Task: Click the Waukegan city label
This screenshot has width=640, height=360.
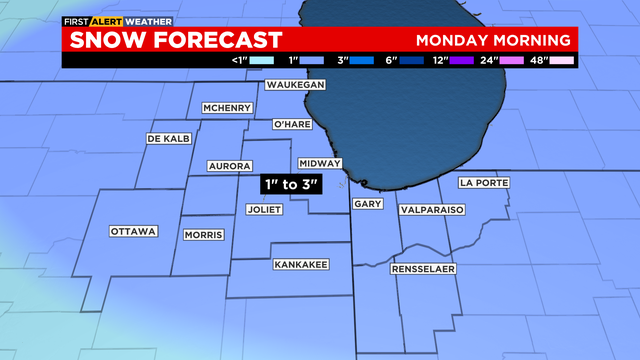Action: pos(296,86)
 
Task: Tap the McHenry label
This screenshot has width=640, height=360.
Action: pos(226,108)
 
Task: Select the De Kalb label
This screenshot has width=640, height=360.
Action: pos(168,138)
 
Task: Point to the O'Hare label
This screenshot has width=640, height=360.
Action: pos(292,125)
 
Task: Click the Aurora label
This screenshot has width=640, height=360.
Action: pos(229,165)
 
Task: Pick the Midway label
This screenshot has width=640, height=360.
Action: pos(319,163)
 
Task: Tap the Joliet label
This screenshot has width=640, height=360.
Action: pos(265,210)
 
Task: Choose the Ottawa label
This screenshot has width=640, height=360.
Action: pos(134,232)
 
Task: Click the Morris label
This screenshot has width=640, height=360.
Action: pos(204,235)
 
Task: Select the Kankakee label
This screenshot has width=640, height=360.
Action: pos(300,264)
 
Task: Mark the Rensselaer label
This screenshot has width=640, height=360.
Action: pos(423,270)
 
